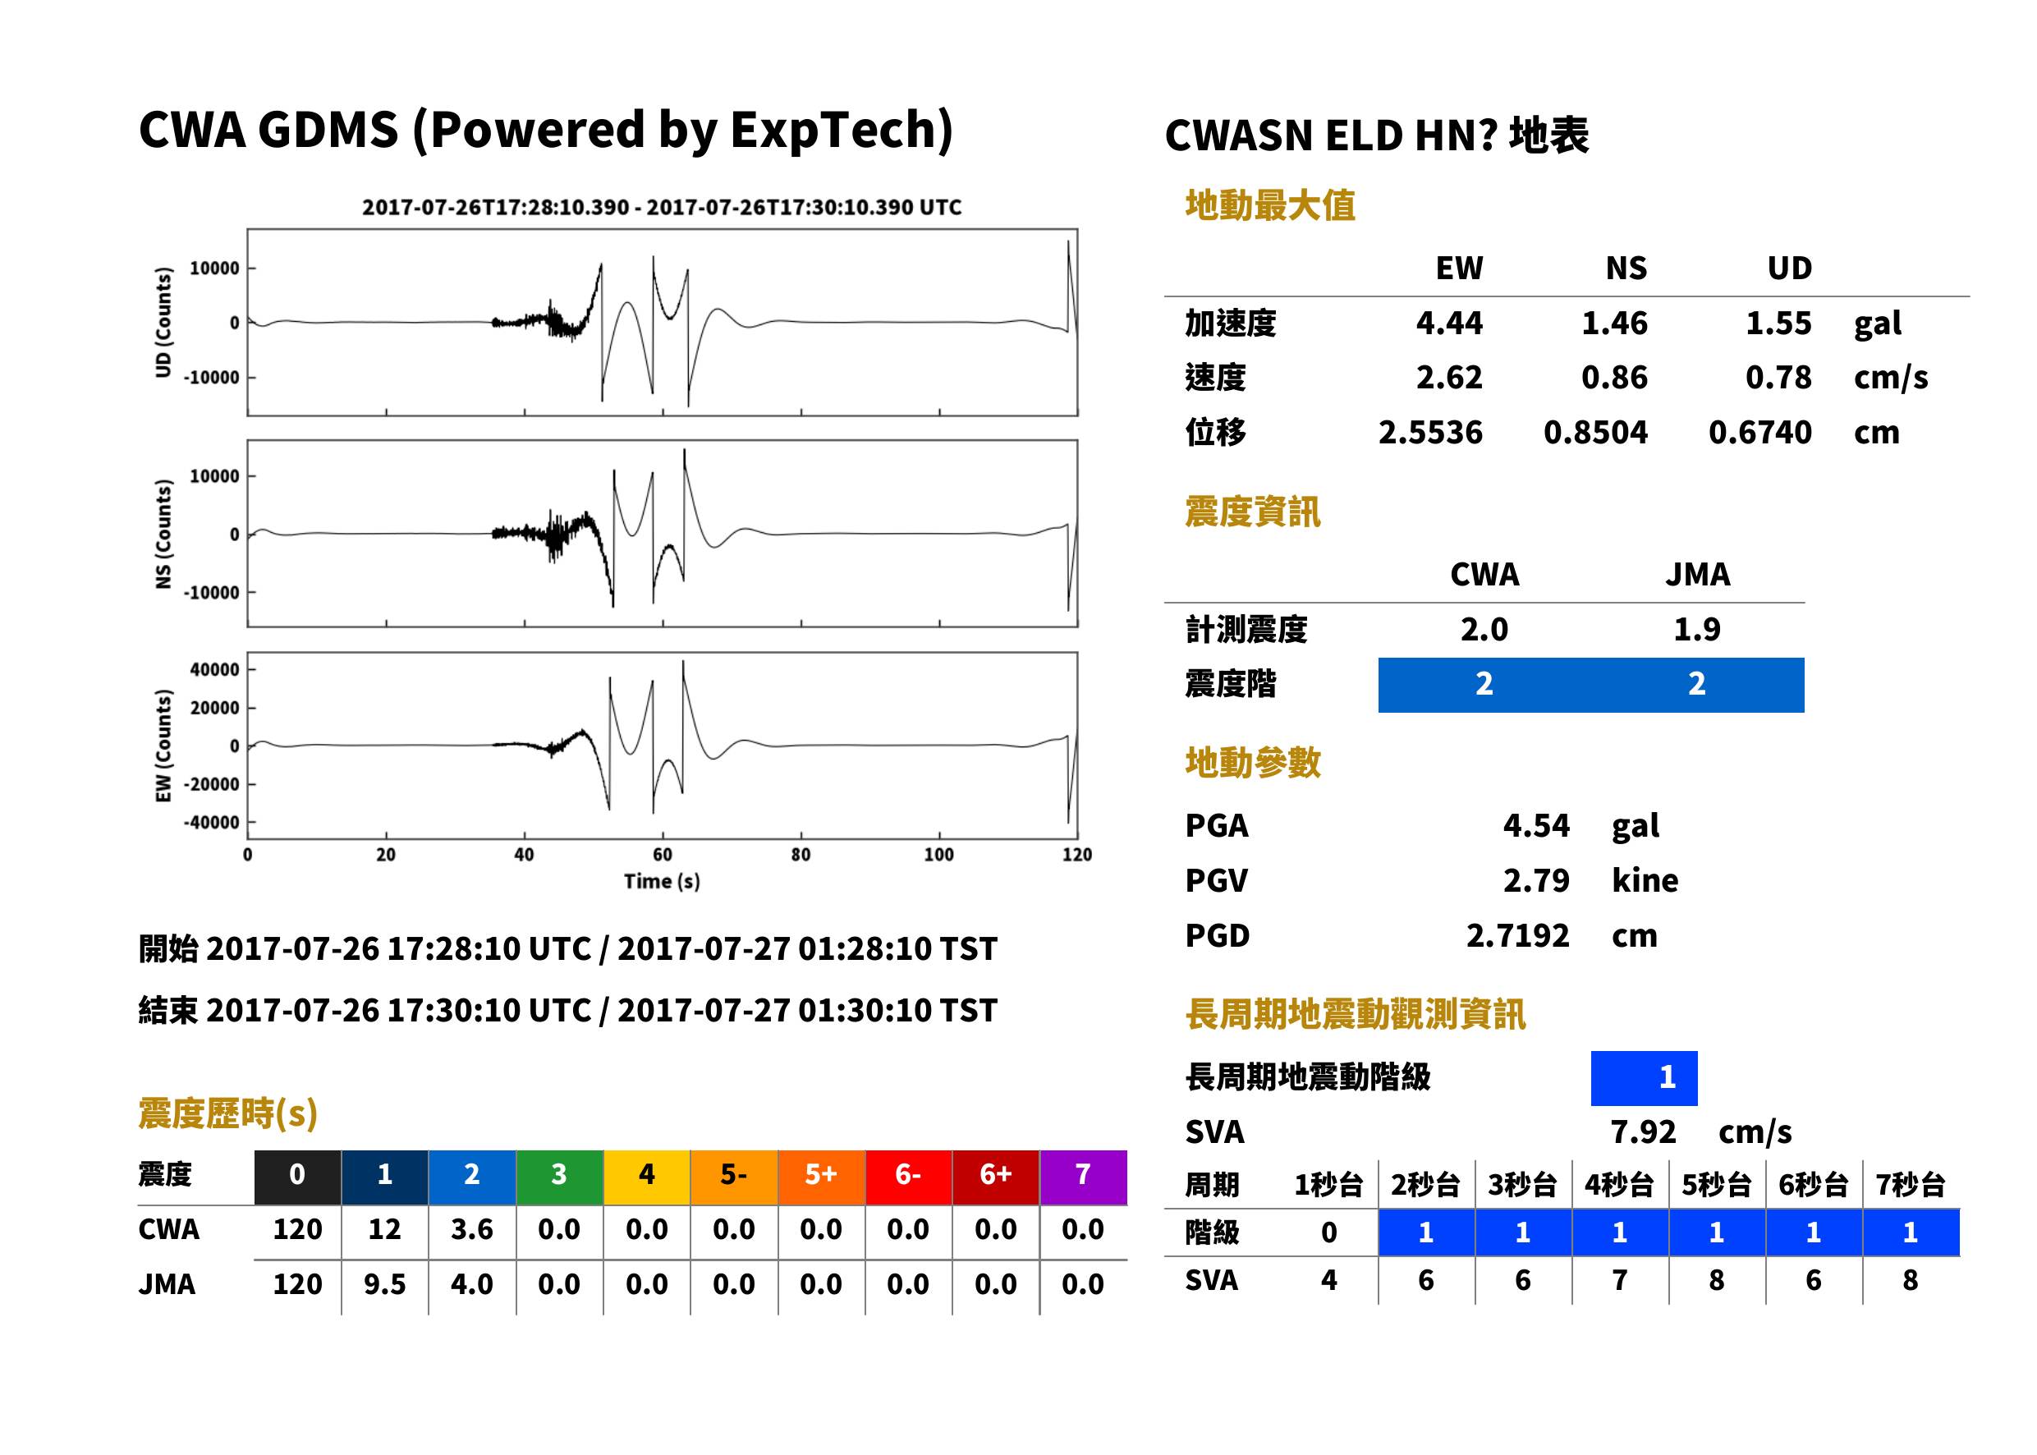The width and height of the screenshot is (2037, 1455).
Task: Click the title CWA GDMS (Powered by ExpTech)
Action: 545,131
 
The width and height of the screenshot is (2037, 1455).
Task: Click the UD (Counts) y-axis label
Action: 163,323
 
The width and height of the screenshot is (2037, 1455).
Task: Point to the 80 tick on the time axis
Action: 800,855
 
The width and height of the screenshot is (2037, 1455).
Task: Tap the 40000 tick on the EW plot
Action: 214,669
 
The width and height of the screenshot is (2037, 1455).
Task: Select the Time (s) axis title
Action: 662,882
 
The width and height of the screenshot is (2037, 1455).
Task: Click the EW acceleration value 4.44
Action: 1448,324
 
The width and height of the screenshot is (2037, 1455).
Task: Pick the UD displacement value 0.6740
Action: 1759,433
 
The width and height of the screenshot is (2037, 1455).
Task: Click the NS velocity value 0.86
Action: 1613,378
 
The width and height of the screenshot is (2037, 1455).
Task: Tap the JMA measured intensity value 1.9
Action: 1696,630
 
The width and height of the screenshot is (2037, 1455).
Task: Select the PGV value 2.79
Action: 1535,881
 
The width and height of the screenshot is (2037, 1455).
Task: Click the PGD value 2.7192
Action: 1517,936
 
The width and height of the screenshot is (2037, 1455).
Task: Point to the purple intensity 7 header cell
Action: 1083,1177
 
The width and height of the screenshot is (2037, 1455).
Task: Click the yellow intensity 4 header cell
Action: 647,1177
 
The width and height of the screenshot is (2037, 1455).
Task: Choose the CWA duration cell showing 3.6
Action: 472,1230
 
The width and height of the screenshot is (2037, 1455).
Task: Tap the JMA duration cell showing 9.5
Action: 384,1285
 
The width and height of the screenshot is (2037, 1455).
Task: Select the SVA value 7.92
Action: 1643,1132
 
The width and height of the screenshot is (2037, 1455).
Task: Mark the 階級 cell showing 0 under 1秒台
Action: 1328,1232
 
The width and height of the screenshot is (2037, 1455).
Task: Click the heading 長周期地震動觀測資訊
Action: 1355,1015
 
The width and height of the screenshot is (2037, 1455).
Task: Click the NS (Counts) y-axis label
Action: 163,534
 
